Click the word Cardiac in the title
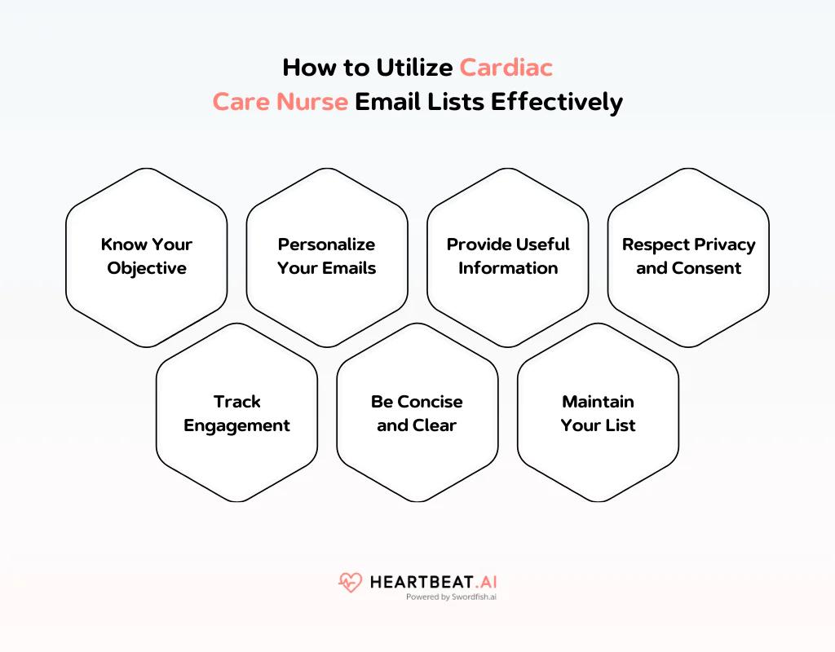pyautogui.click(x=506, y=66)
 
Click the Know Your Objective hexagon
pyautogui.click(x=147, y=257)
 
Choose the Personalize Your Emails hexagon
pyautogui.click(x=327, y=257)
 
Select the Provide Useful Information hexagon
pyautogui.click(x=508, y=257)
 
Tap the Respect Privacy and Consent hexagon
pyautogui.click(x=689, y=257)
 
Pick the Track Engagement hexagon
pyautogui.click(x=236, y=413)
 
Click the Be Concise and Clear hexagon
pyautogui.click(x=417, y=413)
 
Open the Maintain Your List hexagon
pyautogui.click(x=598, y=413)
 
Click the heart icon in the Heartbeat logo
pyautogui.click(x=350, y=583)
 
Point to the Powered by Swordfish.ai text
pyautogui.click(x=451, y=597)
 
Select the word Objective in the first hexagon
pyautogui.click(x=147, y=268)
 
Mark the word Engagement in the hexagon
pyautogui.click(x=236, y=425)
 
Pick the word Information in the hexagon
pyautogui.click(x=508, y=268)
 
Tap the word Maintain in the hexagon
pyautogui.click(x=598, y=402)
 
